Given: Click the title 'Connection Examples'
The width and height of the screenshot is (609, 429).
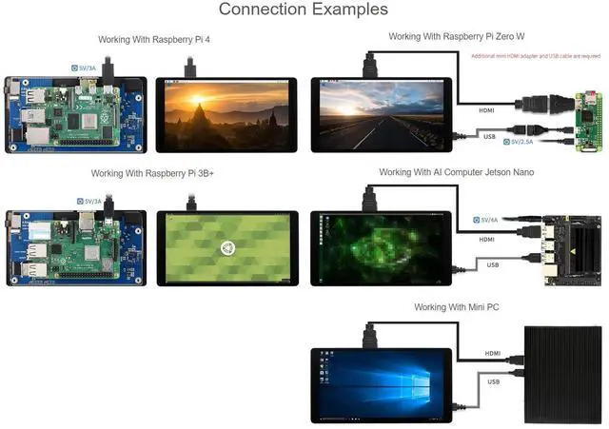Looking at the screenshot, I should coord(304,10).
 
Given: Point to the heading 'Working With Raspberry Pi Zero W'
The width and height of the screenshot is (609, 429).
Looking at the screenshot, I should coord(457,36).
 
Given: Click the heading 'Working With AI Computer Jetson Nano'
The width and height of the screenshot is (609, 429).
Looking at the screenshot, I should coord(456,172).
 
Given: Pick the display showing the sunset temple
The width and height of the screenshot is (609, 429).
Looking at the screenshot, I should coord(226,114).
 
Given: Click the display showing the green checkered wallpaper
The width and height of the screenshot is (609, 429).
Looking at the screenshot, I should coord(226,248).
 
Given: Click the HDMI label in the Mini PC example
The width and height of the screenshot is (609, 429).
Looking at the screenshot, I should coord(493,353).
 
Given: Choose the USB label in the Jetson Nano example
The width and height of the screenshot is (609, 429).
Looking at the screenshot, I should coord(493,264).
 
